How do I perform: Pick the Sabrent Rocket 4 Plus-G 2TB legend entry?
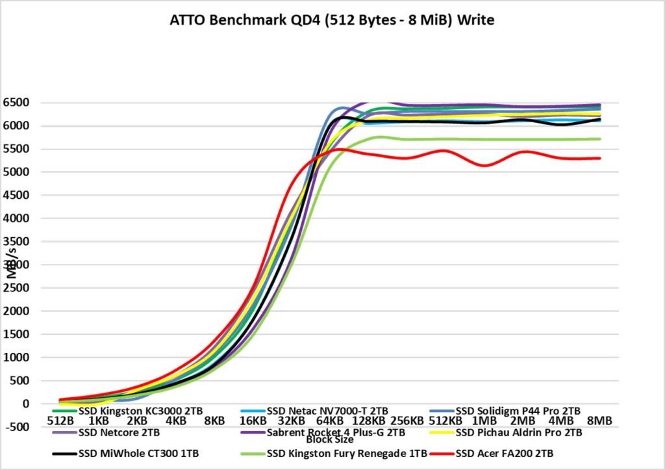336,432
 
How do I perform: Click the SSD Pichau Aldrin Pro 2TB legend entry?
519,432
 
